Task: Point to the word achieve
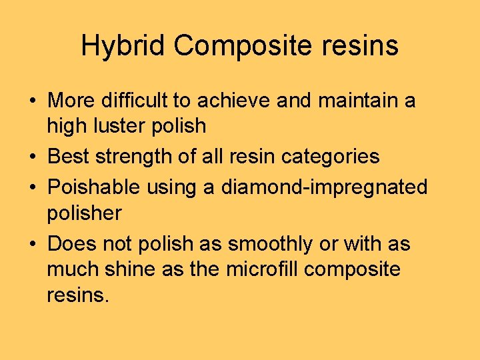(x=243, y=101)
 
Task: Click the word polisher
(x=85, y=213)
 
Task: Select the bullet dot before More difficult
(x=32, y=101)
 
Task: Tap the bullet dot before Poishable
(x=32, y=188)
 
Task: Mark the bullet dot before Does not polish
(x=32, y=245)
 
